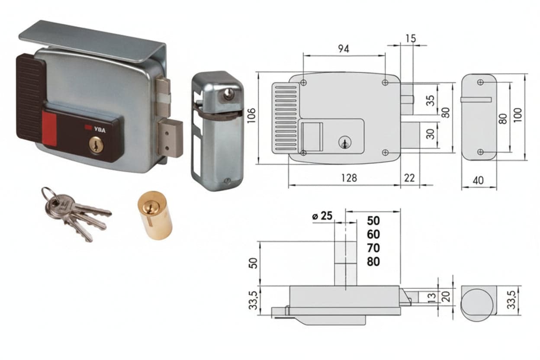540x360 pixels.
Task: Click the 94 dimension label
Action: point(344,49)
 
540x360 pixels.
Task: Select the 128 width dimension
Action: point(349,178)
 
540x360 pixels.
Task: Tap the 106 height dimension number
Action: point(251,116)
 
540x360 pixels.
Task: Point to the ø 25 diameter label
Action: point(322,216)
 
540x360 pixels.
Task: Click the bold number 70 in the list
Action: point(373,248)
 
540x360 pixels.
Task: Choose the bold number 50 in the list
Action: point(373,221)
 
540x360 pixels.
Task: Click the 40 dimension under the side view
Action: point(478,180)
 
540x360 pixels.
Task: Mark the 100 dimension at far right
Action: point(518,115)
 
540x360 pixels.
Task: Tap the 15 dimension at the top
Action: point(411,39)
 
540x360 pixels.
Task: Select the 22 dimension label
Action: point(409,178)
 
